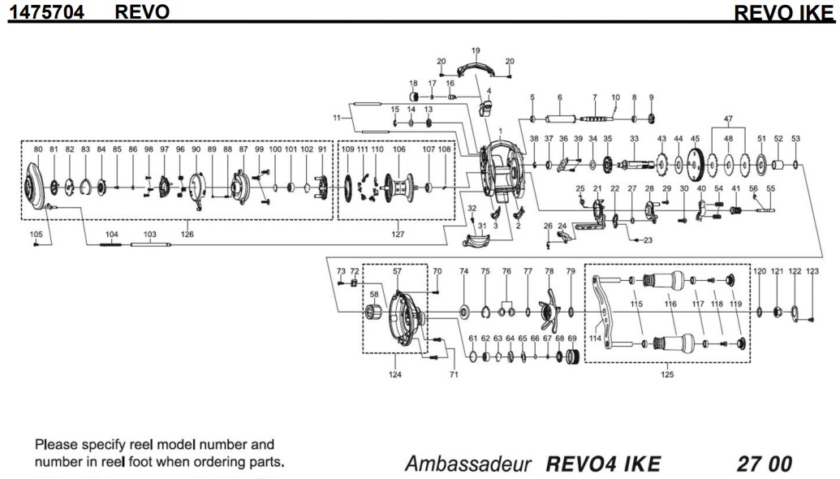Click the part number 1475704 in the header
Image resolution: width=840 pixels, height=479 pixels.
[x=47, y=12]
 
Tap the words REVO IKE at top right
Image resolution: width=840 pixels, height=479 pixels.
[x=784, y=13]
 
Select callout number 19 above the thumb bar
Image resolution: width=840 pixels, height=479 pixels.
[x=476, y=50]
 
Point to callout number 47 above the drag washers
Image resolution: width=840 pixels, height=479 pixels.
[x=728, y=119]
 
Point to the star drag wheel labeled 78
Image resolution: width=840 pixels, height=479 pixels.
[x=549, y=309]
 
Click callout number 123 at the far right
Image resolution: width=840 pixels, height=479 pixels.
[x=812, y=271]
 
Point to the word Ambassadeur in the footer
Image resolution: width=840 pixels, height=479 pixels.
[x=468, y=464]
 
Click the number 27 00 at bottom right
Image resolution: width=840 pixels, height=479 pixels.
[x=764, y=464]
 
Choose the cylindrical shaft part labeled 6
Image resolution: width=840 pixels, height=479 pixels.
[x=561, y=119]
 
